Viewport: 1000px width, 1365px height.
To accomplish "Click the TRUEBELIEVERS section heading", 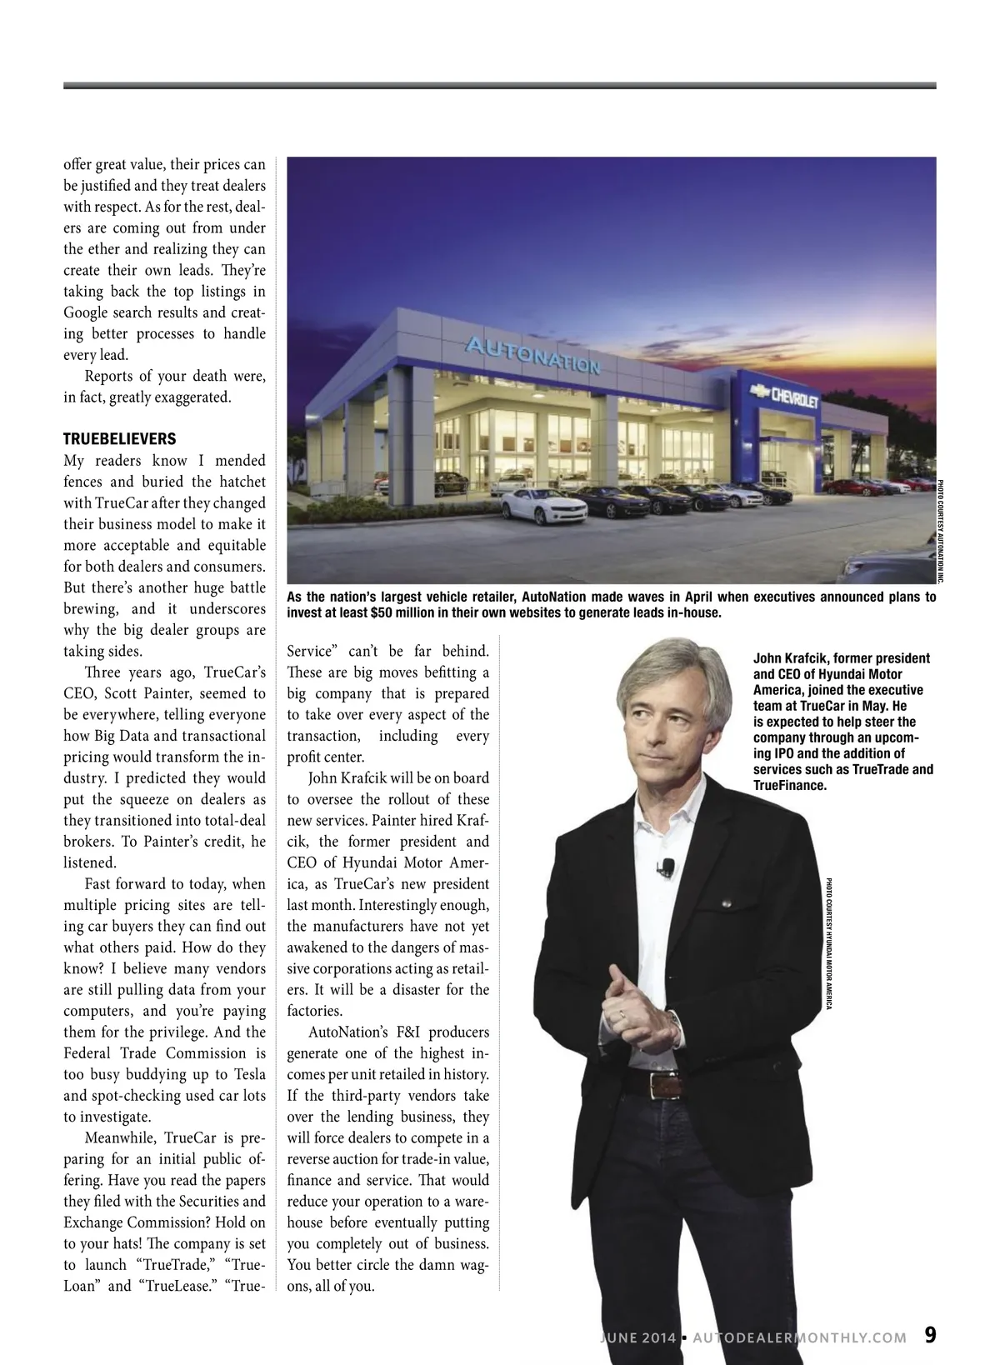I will pyautogui.click(x=119, y=439).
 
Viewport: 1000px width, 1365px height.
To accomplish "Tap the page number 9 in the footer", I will pyautogui.click(x=930, y=1335).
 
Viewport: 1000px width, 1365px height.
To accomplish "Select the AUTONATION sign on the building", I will pyautogui.click(x=532, y=356).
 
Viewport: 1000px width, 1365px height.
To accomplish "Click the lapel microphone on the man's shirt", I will pyautogui.click(x=667, y=867).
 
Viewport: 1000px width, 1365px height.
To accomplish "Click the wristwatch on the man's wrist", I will pyautogui.click(x=673, y=1018).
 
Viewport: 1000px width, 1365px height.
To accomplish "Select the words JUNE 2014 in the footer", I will pyautogui.click(x=637, y=1337).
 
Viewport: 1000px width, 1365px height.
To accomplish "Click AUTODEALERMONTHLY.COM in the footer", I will pyautogui.click(x=799, y=1337).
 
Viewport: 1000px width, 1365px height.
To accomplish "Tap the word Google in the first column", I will pyautogui.click(x=87, y=312).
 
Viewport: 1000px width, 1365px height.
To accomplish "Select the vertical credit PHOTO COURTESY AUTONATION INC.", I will pyautogui.click(x=941, y=531).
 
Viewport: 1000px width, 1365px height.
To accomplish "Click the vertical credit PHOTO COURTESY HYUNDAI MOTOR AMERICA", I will pyautogui.click(x=829, y=943).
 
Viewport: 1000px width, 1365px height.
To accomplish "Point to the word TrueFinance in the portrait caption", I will pyautogui.click(x=789, y=786).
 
